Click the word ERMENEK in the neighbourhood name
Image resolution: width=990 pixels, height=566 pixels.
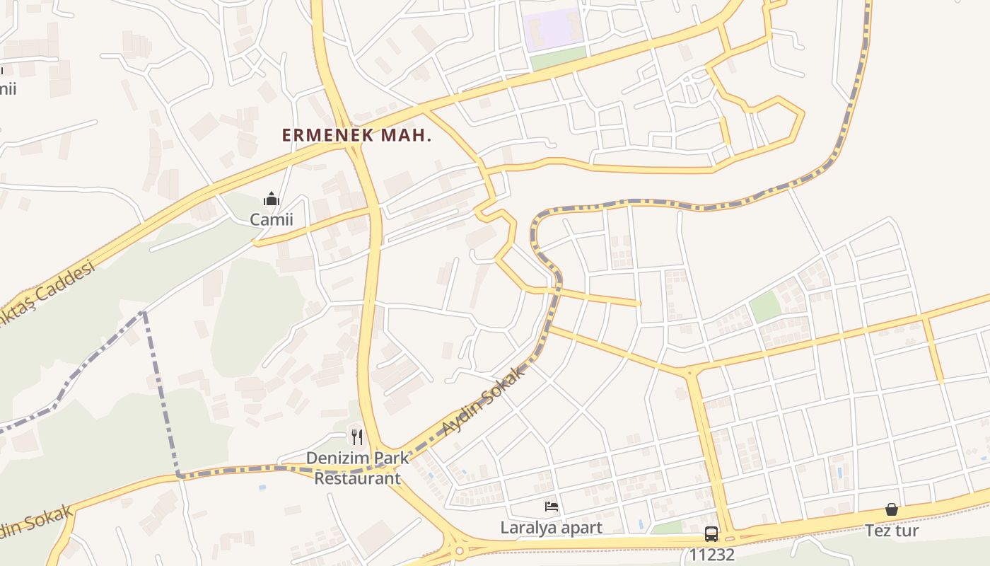pyautogui.click(x=328, y=135)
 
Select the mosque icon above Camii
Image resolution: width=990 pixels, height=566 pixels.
pyautogui.click(x=271, y=199)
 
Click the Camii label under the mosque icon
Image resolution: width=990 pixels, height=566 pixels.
pyautogui.click(x=271, y=219)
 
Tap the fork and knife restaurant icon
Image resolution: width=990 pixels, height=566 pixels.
pyautogui.click(x=357, y=437)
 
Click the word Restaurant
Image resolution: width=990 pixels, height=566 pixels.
pyautogui.click(x=357, y=478)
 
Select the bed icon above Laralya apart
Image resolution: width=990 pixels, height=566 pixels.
pyautogui.click(x=552, y=506)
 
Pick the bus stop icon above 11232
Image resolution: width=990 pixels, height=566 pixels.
pyautogui.click(x=711, y=534)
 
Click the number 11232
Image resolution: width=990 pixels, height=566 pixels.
pyautogui.click(x=711, y=555)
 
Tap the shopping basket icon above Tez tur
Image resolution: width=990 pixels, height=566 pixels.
pyautogui.click(x=892, y=509)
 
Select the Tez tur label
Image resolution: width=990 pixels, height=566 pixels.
pyautogui.click(x=892, y=530)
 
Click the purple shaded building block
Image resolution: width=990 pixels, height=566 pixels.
pyautogui.click(x=553, y=30)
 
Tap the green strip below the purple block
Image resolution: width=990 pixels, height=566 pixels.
pyautogui.click(x=559, y=58)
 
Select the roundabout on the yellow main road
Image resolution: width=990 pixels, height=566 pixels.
pyautogui.click(x=460, y=548)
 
